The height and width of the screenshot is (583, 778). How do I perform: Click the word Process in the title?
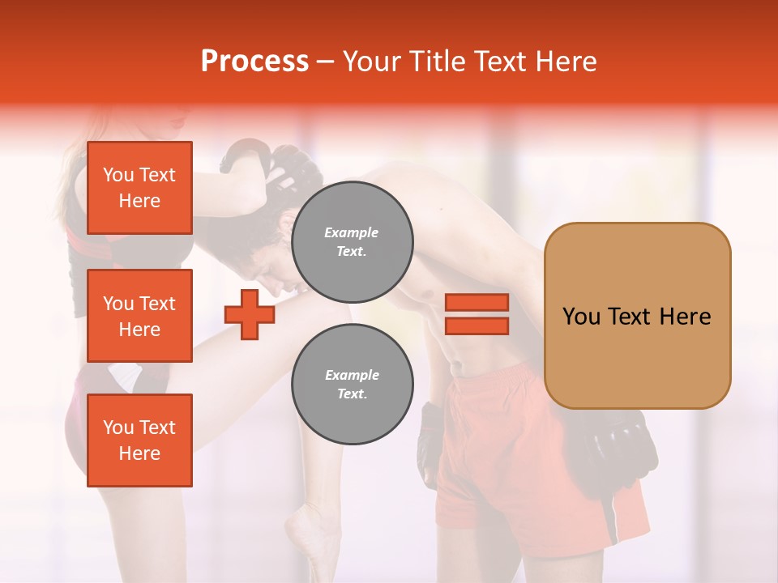(x=254, y=62)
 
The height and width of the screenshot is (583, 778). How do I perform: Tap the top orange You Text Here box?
(x=139, y=188)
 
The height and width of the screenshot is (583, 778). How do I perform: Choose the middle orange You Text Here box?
(x=139, y=316)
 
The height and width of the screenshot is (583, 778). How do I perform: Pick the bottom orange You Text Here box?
(x=139, y=440)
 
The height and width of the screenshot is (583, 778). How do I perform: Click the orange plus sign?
(x=250, y=314)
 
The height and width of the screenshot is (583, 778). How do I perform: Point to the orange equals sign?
(x=477, y=314)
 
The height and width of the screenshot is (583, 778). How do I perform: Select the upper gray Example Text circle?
(x=352, y=242)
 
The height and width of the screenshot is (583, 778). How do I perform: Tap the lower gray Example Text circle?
(x=352, y=385)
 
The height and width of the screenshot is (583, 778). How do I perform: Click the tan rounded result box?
(x=637, y=315)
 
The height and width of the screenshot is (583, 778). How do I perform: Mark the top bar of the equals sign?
(x=477, y=303)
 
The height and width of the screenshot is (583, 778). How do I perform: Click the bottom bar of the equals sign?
(x=477, y=326)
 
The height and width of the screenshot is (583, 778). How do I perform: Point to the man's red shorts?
(x=519, y=453)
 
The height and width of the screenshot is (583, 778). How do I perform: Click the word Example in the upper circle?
(x=352, y=233)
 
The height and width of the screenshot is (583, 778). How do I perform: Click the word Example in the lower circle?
(x=352, y=376)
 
